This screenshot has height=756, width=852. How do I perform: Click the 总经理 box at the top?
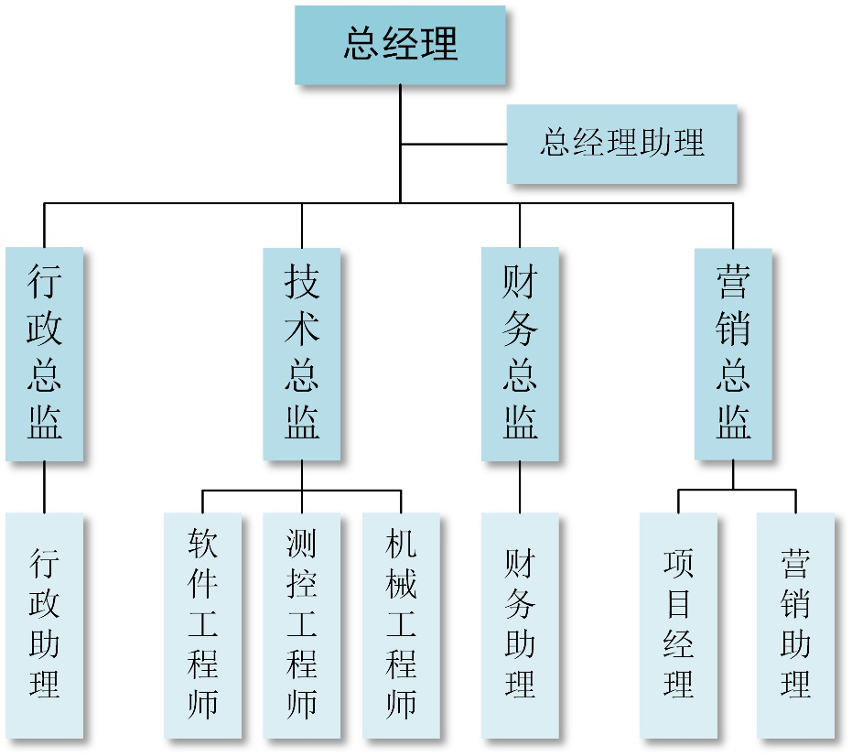(400, 45)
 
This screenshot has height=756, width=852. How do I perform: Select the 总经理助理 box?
(621, 144)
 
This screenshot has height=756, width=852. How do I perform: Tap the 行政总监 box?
(44, 353)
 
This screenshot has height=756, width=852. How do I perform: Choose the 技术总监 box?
(301, 353)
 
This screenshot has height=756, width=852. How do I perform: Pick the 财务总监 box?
(520, 353)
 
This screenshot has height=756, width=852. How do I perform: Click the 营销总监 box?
(733, 353)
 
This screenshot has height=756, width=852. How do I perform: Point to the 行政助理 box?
(44, 625)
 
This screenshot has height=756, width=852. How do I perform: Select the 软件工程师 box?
(202, 625)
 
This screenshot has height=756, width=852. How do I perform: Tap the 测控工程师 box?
(301, 625)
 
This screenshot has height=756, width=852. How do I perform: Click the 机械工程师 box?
(401, 625)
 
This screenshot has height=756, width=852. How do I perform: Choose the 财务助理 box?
(520, 625)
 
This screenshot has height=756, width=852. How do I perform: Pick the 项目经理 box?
(678, 625)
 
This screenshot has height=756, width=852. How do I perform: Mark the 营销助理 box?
(795, 625)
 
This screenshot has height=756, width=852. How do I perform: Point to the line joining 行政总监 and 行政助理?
(44, 486)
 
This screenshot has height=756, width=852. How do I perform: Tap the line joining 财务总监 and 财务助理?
(520, 486)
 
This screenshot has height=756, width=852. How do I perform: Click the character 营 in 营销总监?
(733, 280)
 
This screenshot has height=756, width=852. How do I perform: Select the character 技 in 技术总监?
(301, 280)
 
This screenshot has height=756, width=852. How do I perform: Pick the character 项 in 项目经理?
(678, 561)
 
